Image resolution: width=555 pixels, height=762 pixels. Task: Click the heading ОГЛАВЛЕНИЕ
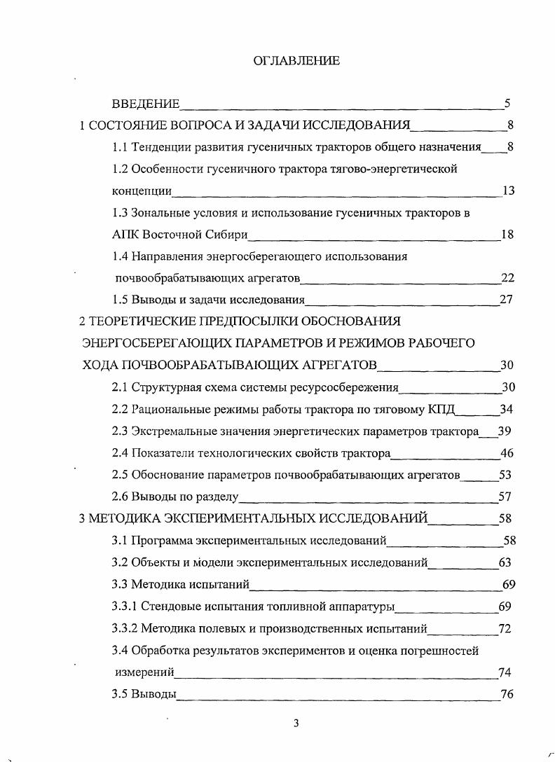pyautogui.click(x=296, y=61)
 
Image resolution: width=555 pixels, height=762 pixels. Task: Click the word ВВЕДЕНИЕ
pyautogui.click(x=146, y=105)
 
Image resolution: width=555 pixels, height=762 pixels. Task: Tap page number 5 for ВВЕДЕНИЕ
pyautogui.click(x=507, y=105)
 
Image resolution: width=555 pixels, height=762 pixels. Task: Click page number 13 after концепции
pyautogui.click(x=508, y=191)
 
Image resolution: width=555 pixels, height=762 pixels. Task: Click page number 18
pyautogui.click(x=507, y=235)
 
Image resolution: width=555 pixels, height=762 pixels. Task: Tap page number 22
pyautogui.click(x=507, y=278)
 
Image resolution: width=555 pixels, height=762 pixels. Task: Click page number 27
pyautogui.click(x=507, y=300)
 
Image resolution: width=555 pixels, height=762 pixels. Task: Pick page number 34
pyautogui.click(x=507, y=409)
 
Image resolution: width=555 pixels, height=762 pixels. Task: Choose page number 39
pyautogui.click(x=505, y=431)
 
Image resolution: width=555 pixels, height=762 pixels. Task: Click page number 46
pyautogui.click(x=507, y=453)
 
